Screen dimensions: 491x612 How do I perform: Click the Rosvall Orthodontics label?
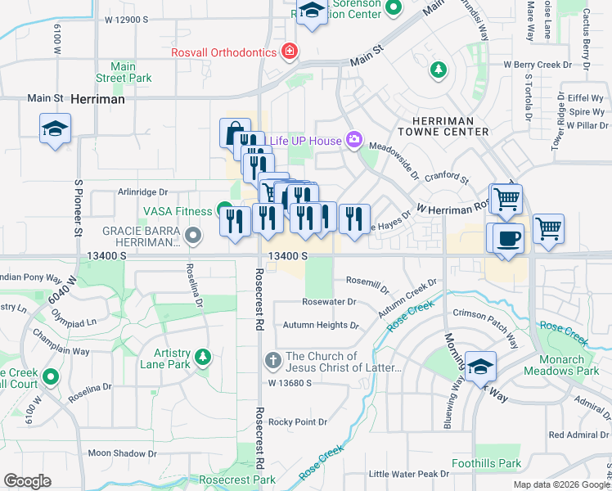click(223, 52)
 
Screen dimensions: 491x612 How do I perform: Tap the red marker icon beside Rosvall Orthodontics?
click(288, 52)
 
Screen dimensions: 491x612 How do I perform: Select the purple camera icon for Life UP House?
click(354, 140)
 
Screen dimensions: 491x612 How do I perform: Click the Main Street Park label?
click(124, 72)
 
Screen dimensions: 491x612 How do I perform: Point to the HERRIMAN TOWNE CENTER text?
click(443, 125)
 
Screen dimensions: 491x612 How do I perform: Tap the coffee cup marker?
click(507, 238)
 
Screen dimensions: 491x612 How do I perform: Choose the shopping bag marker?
click(235, 132)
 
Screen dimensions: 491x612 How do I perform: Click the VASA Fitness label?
click(178, 211)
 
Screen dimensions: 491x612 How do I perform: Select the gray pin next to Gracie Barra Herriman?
click(193, 236)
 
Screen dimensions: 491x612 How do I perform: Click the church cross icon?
click(273, 360)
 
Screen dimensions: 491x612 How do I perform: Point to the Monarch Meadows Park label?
click(569, 365)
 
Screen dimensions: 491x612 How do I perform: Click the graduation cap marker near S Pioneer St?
click(55, 128)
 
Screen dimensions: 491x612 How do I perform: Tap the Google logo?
click(27, 481)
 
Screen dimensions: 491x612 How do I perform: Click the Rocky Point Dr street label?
click(298, 422)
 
